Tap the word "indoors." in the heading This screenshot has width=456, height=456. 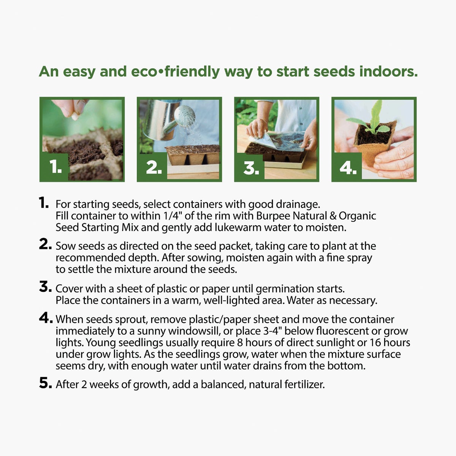point(389,71)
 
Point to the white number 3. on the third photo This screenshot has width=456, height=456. point(251,168)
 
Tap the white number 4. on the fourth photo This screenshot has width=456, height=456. point(348,168)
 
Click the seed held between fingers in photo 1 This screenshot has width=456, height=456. point(75,116)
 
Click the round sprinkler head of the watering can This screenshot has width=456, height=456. point(185,116)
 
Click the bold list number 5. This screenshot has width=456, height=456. point(46,383)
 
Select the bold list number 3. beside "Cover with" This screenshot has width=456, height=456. point(46,287)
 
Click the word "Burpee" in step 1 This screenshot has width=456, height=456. point(273,216)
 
